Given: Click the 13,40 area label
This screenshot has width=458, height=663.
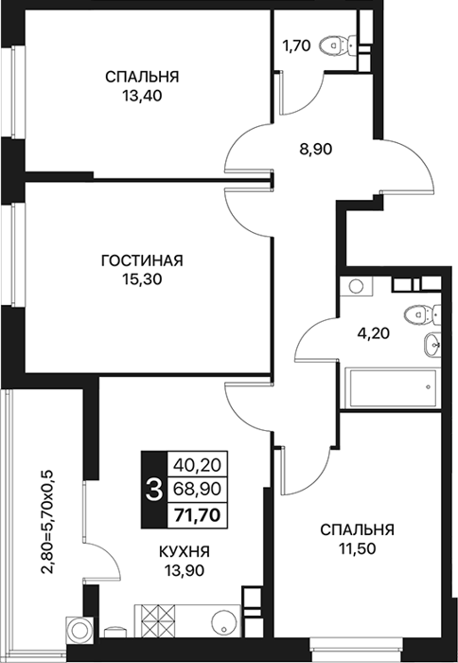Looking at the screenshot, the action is [143, 97].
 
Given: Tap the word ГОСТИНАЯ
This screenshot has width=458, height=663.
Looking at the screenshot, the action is [142, 260].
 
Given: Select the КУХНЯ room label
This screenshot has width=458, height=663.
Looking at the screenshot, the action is [185, 551].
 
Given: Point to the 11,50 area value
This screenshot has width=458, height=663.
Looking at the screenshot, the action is [357, 548].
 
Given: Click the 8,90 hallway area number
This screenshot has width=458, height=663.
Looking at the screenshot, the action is [316, 149].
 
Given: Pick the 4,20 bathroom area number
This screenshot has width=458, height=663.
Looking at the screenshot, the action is [373, 333].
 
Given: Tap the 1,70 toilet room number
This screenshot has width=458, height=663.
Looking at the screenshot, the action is [296, 45].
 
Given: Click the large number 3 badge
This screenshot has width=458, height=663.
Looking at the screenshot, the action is [154, 490].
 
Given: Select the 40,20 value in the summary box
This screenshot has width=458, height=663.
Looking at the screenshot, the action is [198, 465].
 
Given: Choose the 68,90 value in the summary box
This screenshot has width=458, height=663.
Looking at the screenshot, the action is [198, 490].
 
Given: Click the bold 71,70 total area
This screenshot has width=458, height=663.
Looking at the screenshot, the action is [198, 515].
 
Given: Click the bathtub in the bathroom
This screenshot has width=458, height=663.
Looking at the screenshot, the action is [391, 388].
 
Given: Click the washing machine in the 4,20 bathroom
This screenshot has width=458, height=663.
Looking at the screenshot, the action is [357, 286].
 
